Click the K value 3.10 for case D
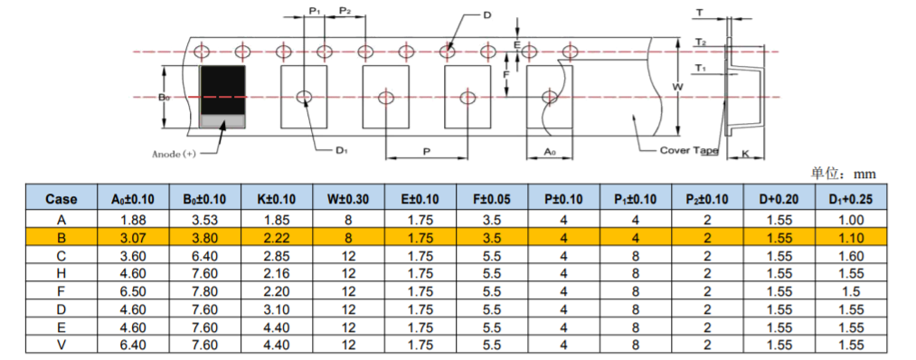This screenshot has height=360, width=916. click(277, 309)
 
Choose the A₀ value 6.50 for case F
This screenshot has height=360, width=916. click(133, 291)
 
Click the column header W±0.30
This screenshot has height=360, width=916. click(349, 199)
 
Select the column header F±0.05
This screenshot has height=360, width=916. click(493, 199)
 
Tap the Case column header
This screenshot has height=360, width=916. click(61, 199)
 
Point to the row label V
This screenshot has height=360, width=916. click(61, 346)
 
